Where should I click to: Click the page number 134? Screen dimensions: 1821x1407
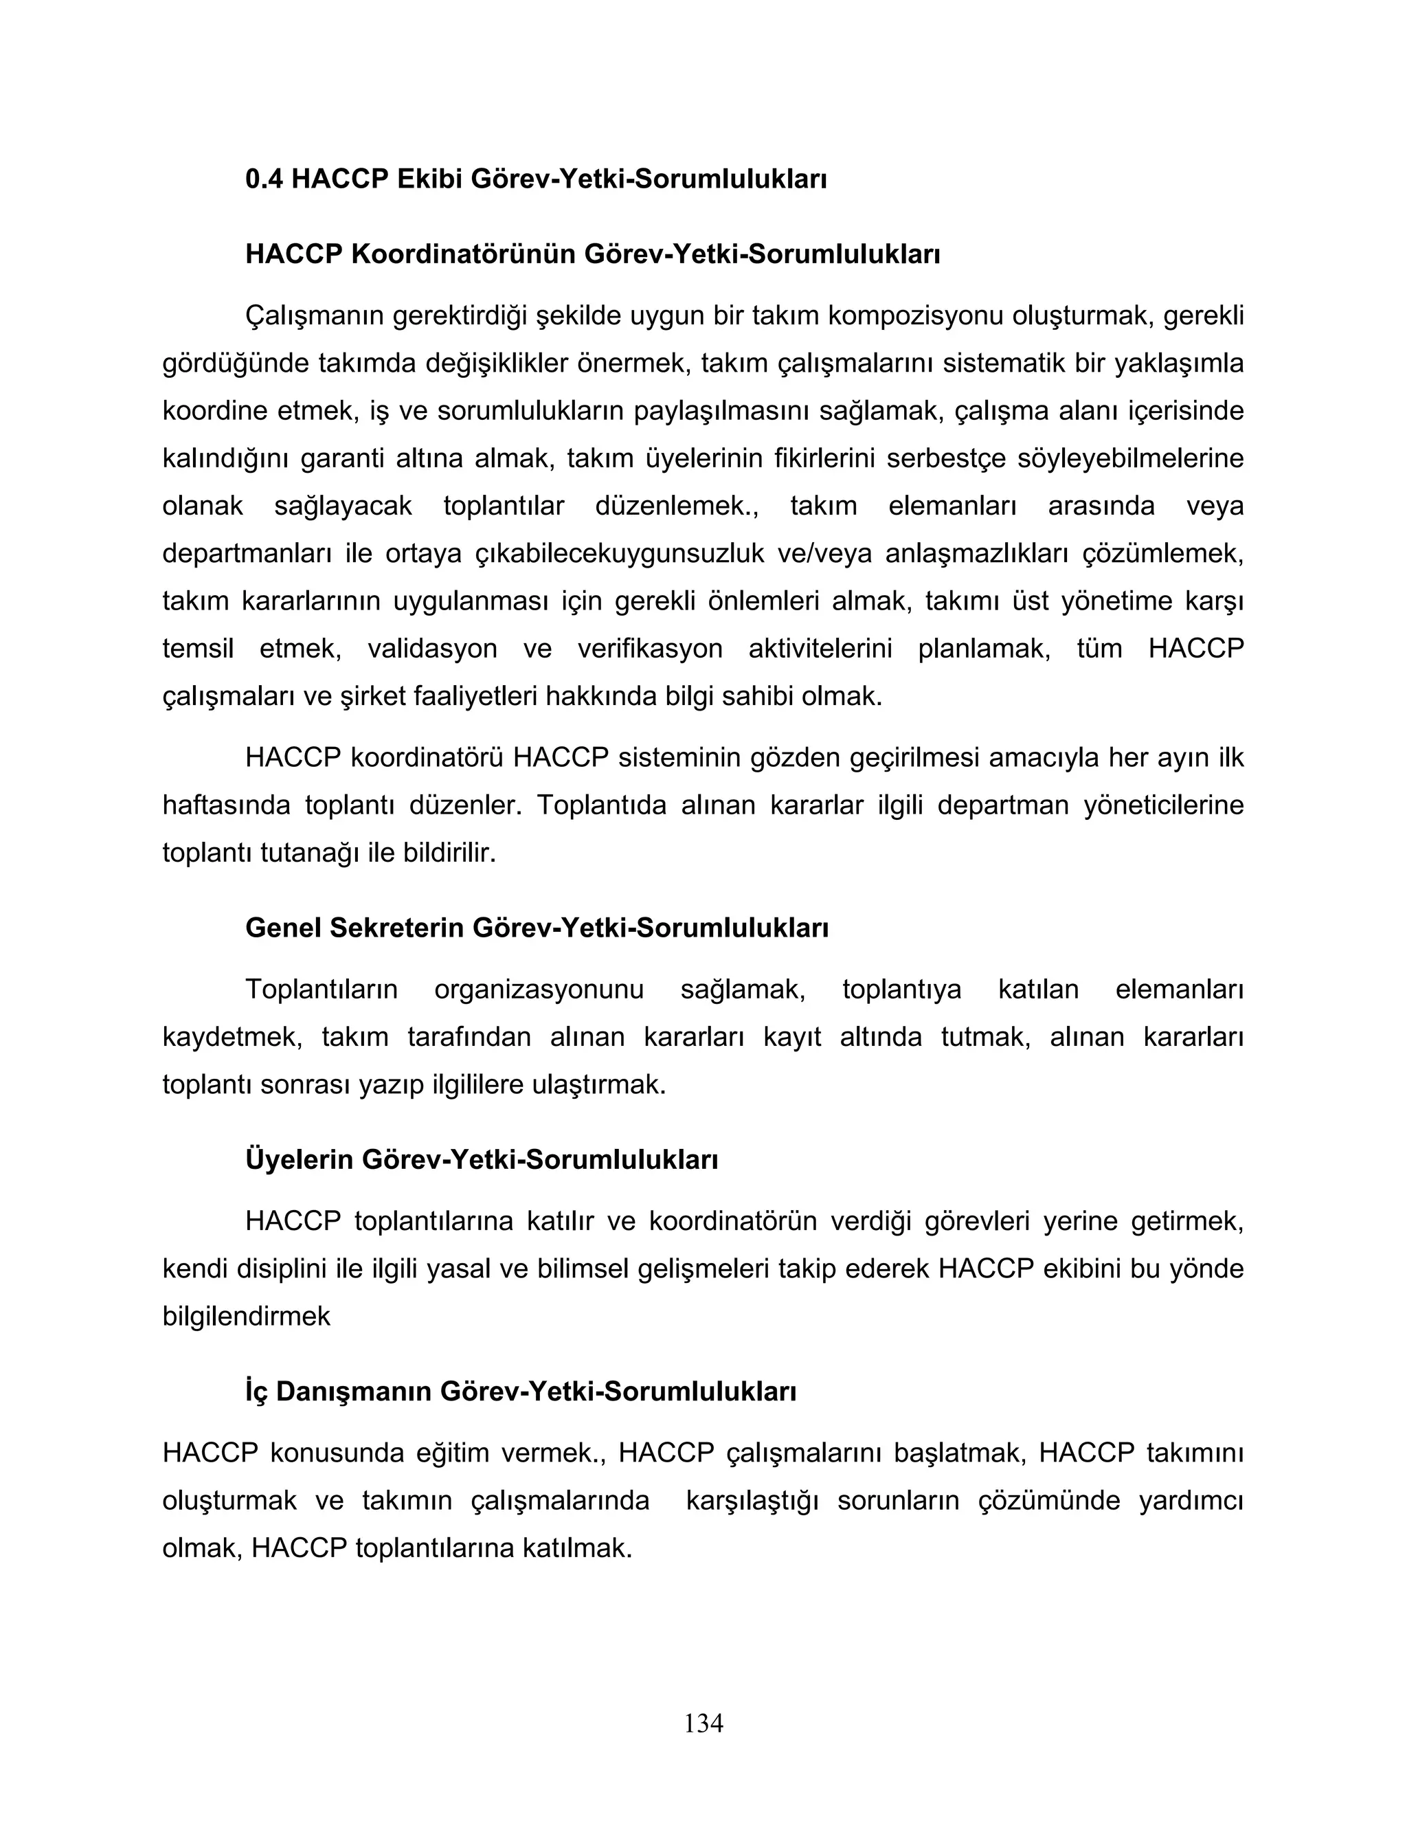tap(703, 1723)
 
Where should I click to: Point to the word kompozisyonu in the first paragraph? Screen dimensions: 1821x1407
tap(914, 316)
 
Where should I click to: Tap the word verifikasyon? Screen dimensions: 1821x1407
tap(649, 649)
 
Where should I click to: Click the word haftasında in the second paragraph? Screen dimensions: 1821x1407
tap(226, 805)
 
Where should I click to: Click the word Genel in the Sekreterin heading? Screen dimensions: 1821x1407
tap(282, 927)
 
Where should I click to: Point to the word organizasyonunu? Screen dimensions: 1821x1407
tap(539, 990)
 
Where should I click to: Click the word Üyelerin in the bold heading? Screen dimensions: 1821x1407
tap(300, 1159)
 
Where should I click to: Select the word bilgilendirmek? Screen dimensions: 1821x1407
tap(246, 1317)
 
